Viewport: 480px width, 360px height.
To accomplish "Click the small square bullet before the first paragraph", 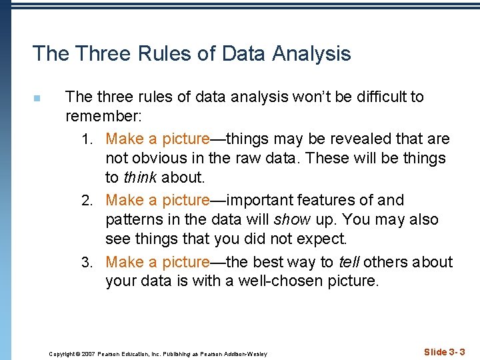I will coord(37,99).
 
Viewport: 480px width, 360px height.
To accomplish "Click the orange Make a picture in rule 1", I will coord(157,139).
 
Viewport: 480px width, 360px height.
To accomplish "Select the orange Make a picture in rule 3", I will coord(157,261).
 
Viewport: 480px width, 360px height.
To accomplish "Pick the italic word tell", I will coord(349,261).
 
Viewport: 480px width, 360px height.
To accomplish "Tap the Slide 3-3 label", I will coord(444,351).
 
